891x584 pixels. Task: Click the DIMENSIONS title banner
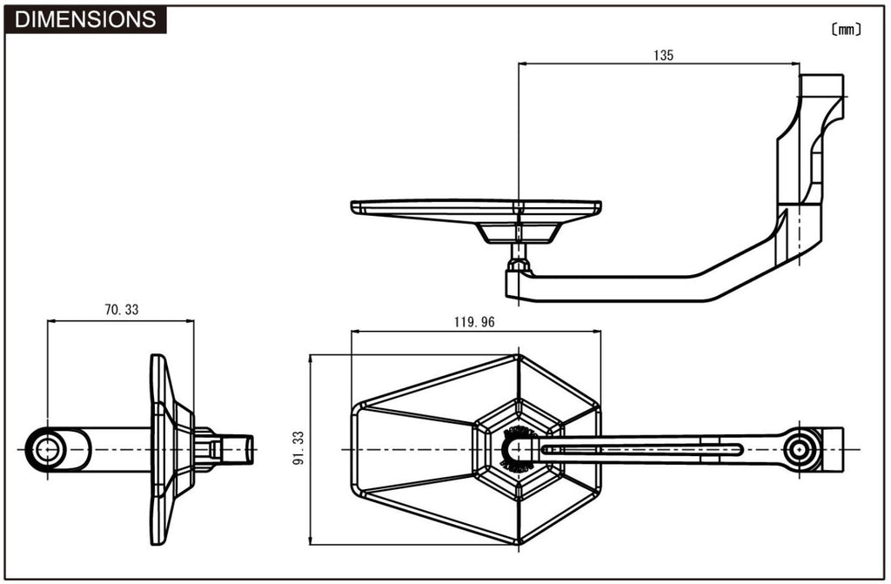(85, 19)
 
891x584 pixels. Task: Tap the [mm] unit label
(846, 30)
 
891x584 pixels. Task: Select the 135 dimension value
(663, 55)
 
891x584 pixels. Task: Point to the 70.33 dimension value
(122, 309)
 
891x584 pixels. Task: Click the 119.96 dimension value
(474, 322)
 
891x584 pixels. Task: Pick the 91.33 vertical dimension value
(298, 448)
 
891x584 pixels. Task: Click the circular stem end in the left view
(48, 450)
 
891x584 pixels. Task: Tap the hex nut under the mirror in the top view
(519, 265)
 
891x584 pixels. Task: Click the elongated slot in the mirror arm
(642, 450)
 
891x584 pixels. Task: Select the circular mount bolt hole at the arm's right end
(800, 450)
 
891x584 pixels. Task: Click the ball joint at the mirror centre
(519, 450)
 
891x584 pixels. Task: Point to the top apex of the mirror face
(519, 355)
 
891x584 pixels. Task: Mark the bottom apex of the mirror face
(519, 544)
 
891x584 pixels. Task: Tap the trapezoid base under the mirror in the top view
(519, 232)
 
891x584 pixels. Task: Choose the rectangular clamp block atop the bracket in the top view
(821, 85)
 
